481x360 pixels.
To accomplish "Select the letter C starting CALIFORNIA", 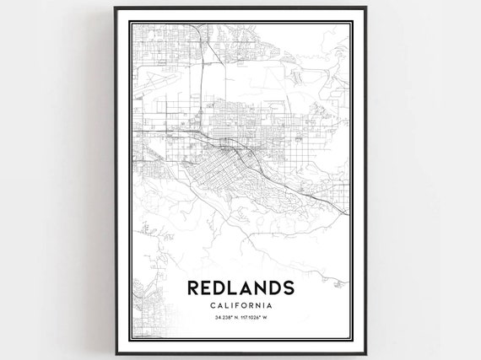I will click(206, 304).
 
